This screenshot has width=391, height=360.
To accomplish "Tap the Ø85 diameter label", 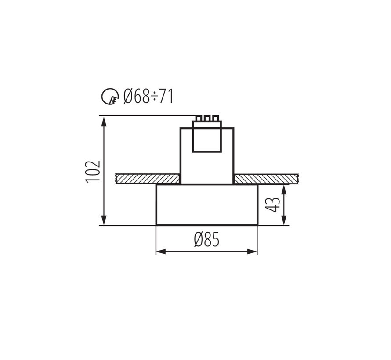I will click(x=206, y=240).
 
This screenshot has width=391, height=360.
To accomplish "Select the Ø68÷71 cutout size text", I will click(x=148, y=96).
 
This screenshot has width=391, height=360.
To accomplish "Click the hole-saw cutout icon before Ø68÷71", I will click(x=110, y=96).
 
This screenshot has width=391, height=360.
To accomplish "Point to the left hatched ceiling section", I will click(x=148, y=179).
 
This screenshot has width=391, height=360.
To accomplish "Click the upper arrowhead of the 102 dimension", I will click(x=104, y=121).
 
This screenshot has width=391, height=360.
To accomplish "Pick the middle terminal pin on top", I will click(x=206, y=119).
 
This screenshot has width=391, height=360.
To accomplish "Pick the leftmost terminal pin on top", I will click(x=199, y=119).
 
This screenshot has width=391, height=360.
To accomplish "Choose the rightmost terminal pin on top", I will click(x=215, y=119).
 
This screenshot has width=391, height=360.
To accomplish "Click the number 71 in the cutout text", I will click(x=166, y=96).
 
